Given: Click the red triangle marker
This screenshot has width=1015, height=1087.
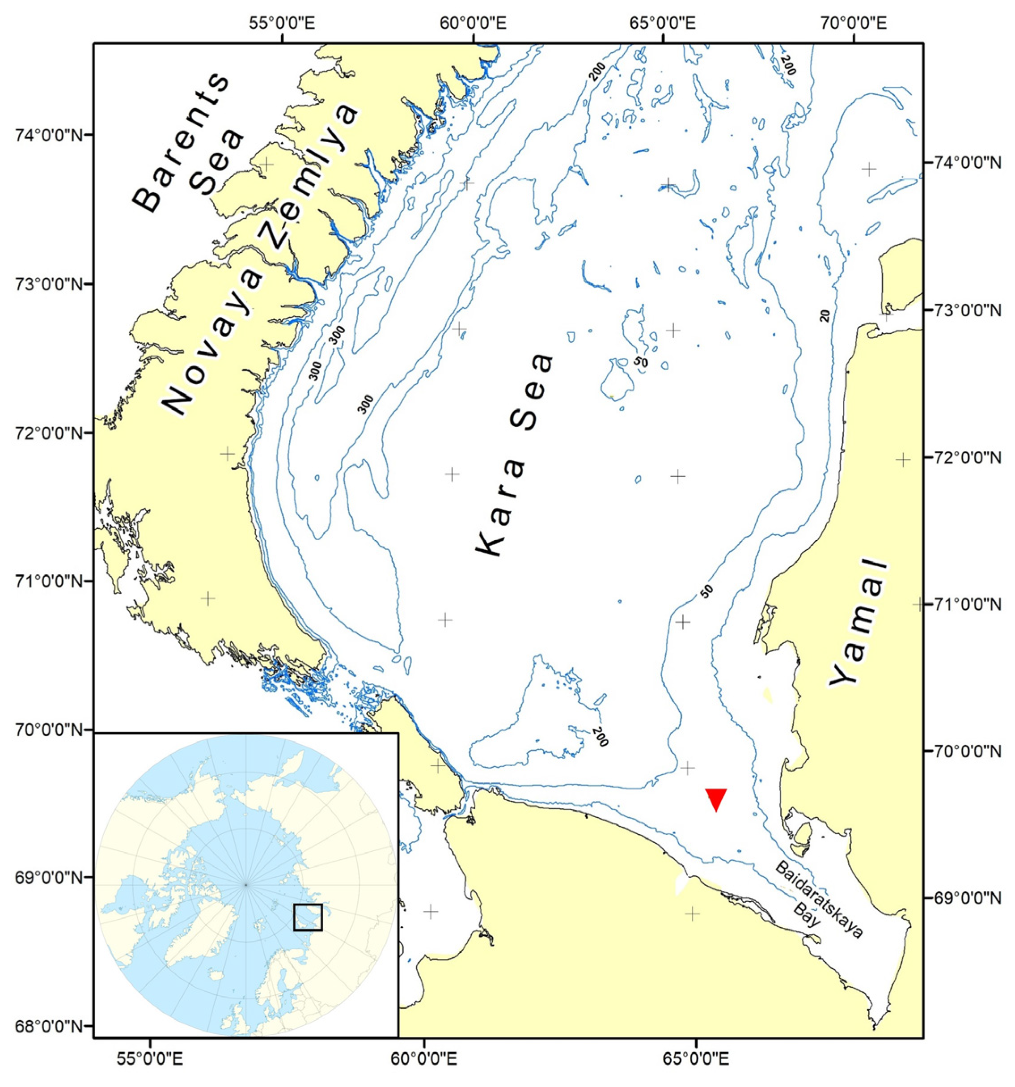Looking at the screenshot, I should pos(715,799).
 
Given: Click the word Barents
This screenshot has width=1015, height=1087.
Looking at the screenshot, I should pos(180,142).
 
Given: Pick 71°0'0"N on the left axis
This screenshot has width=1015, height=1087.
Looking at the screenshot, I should pos(46,580).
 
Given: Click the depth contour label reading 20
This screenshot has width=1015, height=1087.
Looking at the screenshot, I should pos(825,315).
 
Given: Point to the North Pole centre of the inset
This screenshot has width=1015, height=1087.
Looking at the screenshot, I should pos(246,884).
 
